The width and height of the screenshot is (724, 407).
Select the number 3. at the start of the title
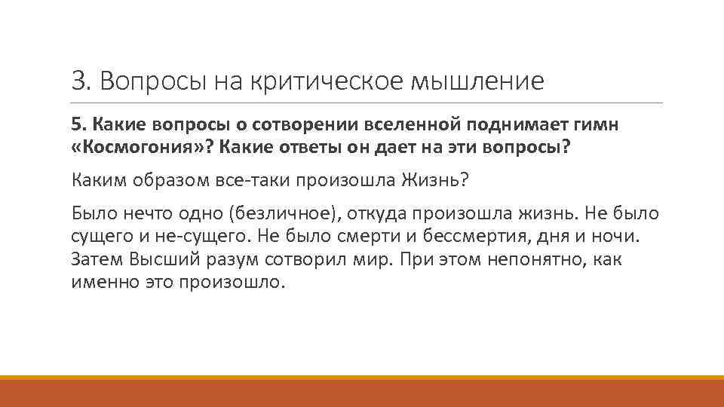pos(81,81)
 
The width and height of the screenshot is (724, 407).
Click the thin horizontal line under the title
pos(367,103)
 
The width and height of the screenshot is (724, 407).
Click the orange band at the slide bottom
pos(362,392)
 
